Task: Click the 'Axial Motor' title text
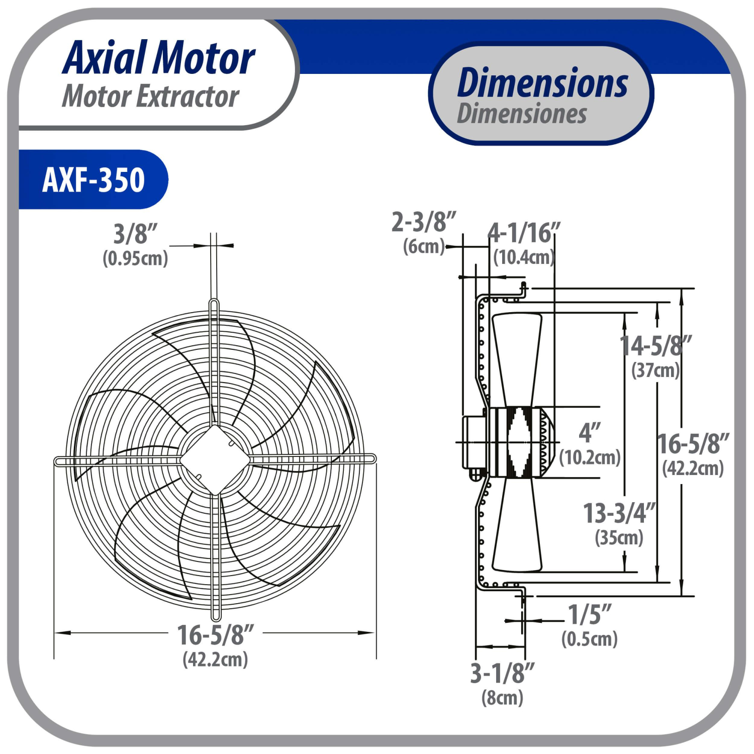click(158, 58)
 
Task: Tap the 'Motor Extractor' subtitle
click(150, 96)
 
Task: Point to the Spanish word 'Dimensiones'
click(522, 113)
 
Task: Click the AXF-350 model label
click(93, 179)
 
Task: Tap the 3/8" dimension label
click(135, 234)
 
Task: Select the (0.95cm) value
click(135, 258)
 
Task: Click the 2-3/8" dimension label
click(424, 222)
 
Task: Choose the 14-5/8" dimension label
click(655, 345)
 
